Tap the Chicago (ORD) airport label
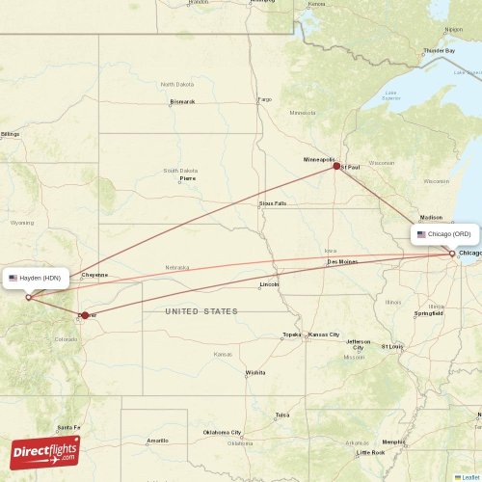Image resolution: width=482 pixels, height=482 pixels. tap(443, 234)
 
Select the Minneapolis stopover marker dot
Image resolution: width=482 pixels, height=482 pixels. tap(336, 166)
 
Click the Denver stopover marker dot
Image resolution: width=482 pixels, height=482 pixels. tap(85, 315)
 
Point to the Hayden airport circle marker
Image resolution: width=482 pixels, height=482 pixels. tap(28, 297)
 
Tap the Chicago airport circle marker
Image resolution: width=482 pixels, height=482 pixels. tap(452, 254)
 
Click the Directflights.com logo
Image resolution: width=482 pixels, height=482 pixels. tap(46, 450)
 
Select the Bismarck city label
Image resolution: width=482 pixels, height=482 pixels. tap(182, 101)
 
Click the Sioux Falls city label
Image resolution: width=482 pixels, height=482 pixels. tap(273, 203)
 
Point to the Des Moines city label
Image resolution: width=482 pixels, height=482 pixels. tap(342, 261)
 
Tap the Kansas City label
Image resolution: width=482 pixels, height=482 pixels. tap(324, 335)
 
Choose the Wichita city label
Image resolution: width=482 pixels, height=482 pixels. tap(255, 372)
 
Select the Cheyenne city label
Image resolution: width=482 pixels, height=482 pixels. tap(95, 275)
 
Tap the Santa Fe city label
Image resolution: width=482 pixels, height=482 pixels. tap(68, 428)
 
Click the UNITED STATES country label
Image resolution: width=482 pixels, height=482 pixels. tap(201, 311)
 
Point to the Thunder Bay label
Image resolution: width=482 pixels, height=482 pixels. tap(439, 50)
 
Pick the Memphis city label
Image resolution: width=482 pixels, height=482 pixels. tap(392, 442)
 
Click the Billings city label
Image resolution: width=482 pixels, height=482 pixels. tap(11, 134)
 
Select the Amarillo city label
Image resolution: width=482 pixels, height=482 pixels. tap(157, 441)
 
